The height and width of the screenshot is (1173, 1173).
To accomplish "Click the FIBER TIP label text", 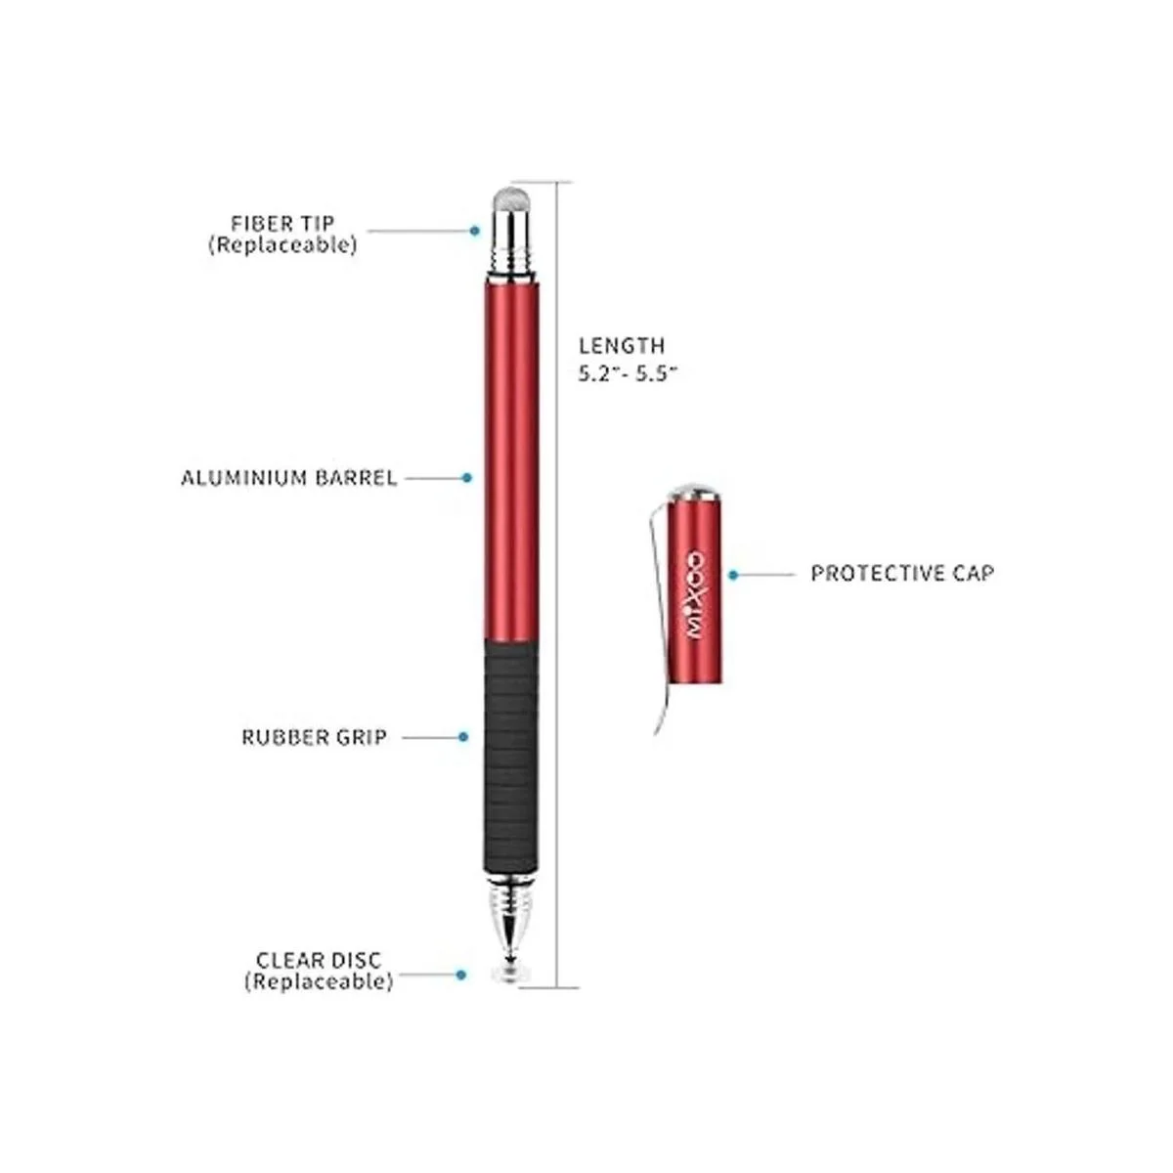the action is tap(282, 224).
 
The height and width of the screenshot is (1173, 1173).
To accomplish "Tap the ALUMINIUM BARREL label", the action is tap(289, 478).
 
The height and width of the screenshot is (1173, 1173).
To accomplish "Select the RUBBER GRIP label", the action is tap(314, 737).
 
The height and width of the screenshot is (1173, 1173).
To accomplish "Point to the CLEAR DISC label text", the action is tap(319, 961).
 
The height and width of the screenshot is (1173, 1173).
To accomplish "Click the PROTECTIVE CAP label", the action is tap(902, 574).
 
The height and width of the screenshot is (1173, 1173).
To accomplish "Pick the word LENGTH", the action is tap(622, 346).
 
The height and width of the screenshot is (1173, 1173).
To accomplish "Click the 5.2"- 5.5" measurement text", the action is tap(627, 373).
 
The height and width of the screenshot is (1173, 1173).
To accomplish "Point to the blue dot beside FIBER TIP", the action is tap(475, 231).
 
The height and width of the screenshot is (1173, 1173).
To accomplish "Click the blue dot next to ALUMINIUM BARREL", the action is tap(466, 478).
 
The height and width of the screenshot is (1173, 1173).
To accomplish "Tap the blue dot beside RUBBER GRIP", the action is tap(463, 737).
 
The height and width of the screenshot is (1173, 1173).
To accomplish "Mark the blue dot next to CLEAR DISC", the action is tap(460, 975).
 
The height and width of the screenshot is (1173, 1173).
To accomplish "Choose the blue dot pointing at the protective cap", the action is tap(733, 575).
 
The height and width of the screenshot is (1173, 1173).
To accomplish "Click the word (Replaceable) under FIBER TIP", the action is tap(282, 244).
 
